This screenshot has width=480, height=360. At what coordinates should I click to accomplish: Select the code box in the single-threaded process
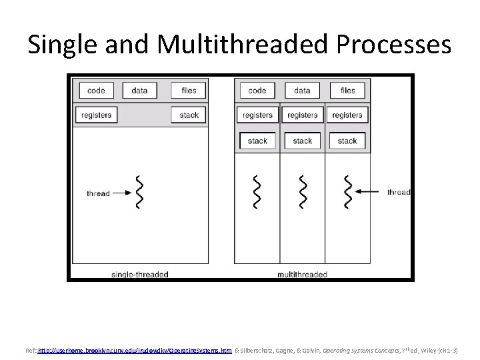click(96, 91)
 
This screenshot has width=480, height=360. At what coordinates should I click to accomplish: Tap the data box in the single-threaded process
click(139, 91)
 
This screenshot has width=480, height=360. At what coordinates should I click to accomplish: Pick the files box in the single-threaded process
click(189, 91)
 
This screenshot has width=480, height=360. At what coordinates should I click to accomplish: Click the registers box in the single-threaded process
click(96, 115)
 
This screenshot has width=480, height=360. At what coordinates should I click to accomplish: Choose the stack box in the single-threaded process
click(189, 115)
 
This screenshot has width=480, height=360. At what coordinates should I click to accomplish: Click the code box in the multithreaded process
click(257, 91)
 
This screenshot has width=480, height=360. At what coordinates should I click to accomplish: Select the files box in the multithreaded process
click(347, 91)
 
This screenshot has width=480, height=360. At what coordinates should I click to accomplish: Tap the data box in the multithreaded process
click(302, 91)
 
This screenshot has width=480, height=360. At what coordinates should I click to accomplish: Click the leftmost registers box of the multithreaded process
click(257, 115)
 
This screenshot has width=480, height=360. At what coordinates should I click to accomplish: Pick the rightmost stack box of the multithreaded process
click(347, 141)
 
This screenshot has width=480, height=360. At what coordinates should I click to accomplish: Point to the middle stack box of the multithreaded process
click(302, 141)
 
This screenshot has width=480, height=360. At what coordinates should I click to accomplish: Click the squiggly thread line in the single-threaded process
click(139, 192)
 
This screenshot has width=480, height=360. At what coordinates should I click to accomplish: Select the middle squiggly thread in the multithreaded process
click(303, 192)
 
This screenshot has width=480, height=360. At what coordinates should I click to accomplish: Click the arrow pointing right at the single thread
click(121, 193)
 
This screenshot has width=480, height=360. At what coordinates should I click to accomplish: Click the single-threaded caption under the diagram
click(140, 274)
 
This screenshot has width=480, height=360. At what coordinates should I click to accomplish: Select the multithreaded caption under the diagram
click(302, 274)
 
